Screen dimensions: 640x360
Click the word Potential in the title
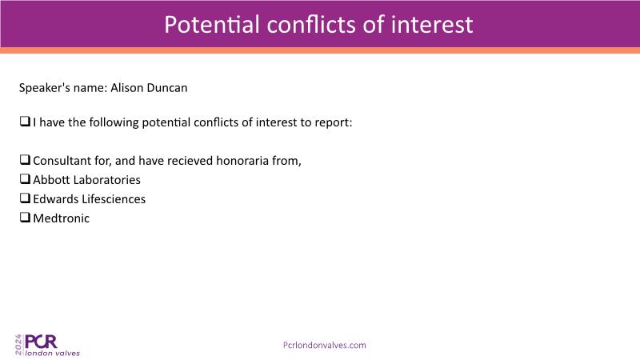[x=212, y=25]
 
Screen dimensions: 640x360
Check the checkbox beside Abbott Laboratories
[x=25, y=178]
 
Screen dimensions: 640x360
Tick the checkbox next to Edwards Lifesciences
[x=25, y=198]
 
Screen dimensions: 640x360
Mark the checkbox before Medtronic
[x=25, y=217]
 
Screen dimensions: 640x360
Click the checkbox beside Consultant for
[x=25, y=159]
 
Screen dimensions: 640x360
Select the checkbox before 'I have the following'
[x=25, y=122]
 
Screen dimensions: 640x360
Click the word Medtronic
[x=62, y=218]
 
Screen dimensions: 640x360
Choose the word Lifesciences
[x=114, y=198]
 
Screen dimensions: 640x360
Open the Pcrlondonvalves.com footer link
[x=325, y=346]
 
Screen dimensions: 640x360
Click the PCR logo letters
[x=41, y=342]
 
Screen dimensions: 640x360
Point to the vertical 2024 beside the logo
[x=18, y=345]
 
